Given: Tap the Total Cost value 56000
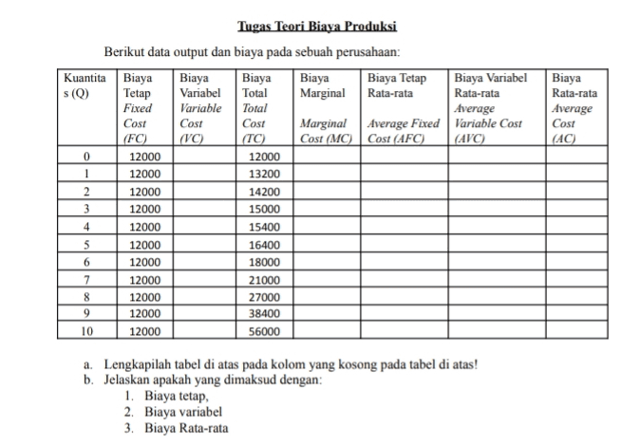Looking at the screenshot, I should (262, 331).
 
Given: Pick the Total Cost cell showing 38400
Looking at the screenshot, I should (262, 313).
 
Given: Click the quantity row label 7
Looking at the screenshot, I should (86, 279).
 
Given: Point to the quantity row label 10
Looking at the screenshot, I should (86, 331).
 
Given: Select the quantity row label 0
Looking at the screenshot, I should (86, 157).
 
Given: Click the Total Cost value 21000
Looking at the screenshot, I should (262, 279).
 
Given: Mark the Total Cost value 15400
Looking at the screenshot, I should (262, 227).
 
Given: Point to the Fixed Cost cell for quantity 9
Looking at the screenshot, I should (145, 313).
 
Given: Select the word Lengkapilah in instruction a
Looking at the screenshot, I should (135, 365).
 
